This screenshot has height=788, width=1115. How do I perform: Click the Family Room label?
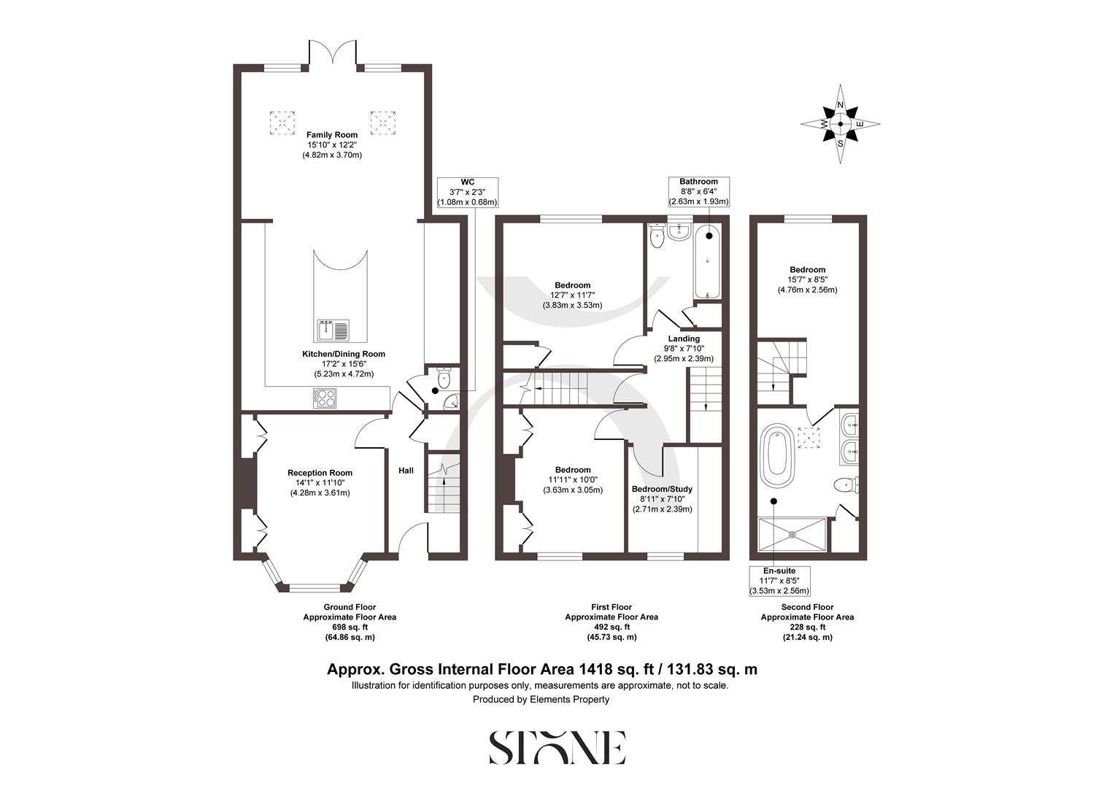[332, 135]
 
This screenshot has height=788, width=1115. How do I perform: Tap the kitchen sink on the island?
[333, 331]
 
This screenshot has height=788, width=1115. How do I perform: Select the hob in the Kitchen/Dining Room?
[325, 398]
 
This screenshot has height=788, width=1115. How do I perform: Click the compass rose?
[840, 124]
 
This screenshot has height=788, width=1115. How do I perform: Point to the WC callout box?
[467, 192]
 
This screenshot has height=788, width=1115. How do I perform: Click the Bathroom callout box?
[698, 192]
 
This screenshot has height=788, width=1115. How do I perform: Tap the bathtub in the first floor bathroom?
[707, 263]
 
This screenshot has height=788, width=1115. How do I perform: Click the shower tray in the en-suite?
[792, 535]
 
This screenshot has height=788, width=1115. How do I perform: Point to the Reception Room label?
[320, 473]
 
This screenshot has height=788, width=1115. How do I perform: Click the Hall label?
[406, 471]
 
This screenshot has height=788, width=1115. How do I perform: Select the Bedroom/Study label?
[662, 489]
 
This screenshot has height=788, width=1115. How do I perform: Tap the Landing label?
[684, 339]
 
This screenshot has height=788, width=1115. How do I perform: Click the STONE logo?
[557, 747]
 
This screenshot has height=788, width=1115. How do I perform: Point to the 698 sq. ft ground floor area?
[350, 627]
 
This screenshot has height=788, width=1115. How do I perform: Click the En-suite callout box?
[779, 581]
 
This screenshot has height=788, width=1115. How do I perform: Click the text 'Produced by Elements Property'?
[541, 699]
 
